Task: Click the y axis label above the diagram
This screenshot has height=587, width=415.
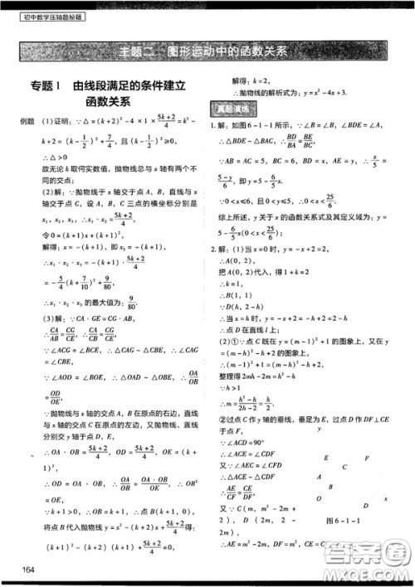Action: coord(318,429)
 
